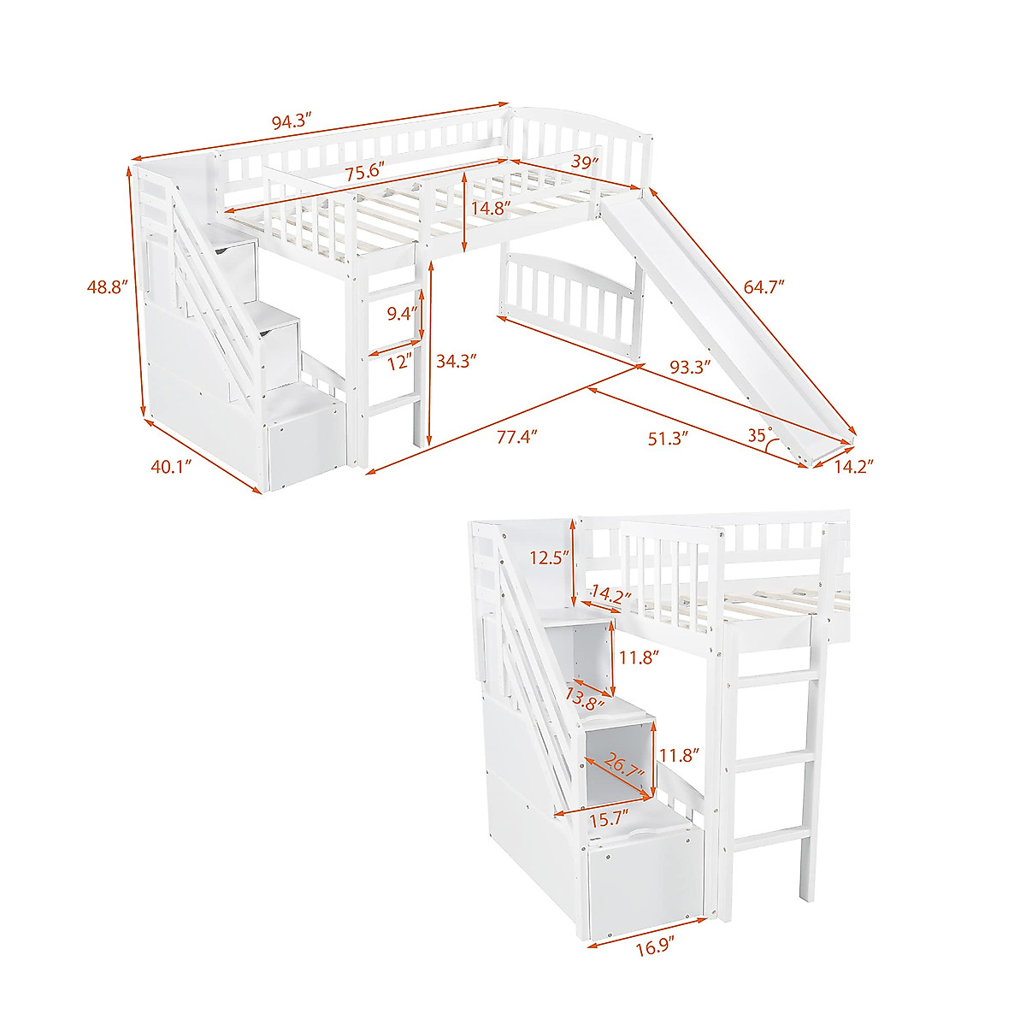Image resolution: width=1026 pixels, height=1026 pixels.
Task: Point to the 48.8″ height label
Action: [x=107, y=287]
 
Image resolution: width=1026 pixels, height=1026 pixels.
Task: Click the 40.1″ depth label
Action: [x=171, y=466]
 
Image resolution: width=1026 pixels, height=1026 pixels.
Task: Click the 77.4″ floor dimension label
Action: [x=516, y=438]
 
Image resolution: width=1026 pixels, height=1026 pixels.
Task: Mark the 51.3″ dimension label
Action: [x=669, y=439]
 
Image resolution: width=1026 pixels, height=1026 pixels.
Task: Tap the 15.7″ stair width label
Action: [x=610, y=818]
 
